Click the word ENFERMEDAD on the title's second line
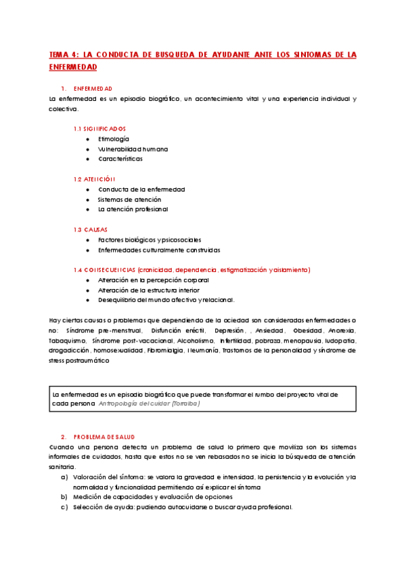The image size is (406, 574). pos(73,67)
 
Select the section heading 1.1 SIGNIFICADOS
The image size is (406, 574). pos(99,129)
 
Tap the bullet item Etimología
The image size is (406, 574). pos(113,139)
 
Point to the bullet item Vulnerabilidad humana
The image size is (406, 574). pos(133,149)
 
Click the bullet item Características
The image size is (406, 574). pos(120,159)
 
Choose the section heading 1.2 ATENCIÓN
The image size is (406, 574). pos(95,179)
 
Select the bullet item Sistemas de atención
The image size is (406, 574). pos(129,200)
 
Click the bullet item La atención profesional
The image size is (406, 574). pos(133,210)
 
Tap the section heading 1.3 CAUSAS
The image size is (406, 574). pos(91,229)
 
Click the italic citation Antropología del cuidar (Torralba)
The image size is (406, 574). pos(149,403)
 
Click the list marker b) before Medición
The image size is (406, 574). pos(64,497)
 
